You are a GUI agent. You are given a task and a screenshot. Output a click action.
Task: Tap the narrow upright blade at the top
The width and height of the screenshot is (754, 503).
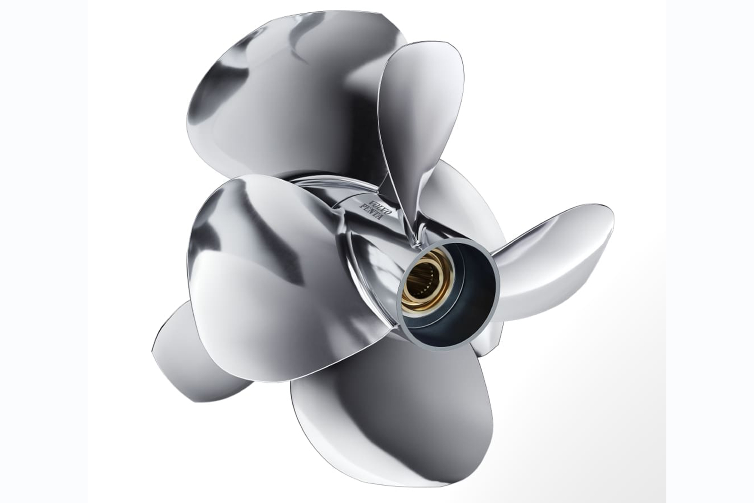click(419, 118)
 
